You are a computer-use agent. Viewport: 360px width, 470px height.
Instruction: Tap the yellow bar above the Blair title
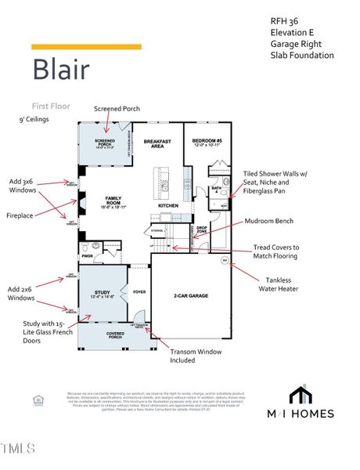point(86,47)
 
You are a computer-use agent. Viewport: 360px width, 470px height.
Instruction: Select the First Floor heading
point(52,105)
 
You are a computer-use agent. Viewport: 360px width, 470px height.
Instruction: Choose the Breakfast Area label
point(157,143)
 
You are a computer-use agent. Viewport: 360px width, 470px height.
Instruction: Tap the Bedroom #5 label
point(207,143)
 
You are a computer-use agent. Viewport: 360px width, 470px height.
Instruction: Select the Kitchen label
point(169,205)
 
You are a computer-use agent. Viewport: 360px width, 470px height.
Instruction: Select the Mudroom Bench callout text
point(275,222)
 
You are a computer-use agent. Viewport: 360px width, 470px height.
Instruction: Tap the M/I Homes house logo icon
point(300,393)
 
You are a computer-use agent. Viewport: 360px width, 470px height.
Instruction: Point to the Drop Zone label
point(201,233)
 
